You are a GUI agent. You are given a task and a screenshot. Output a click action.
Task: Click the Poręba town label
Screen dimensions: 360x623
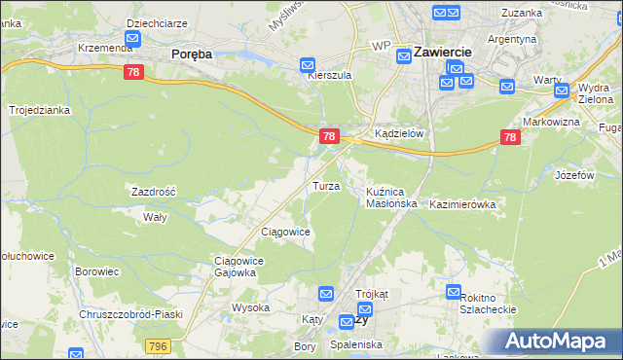coord(192,54)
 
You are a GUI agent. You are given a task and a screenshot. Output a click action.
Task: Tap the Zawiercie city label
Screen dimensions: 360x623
coord(443,52)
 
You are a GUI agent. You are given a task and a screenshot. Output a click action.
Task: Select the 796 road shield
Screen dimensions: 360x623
coord(158,346)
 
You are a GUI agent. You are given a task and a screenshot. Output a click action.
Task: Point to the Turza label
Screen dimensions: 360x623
coord(325,185)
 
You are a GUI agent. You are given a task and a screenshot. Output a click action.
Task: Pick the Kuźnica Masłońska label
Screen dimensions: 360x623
coord(391,198)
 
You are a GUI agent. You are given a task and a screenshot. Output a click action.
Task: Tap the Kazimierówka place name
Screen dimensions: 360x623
coord(462,205)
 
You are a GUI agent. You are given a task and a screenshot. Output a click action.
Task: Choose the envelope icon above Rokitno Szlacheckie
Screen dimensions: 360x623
coord(454,291)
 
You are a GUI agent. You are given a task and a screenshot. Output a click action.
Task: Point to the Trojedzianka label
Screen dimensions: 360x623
coord(40,110)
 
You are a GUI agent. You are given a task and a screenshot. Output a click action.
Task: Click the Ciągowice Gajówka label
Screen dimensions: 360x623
coord(235,267)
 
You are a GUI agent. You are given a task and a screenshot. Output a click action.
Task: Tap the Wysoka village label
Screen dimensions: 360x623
coord(250,307)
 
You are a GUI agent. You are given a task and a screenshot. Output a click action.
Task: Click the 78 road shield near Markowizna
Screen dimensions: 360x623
coord(510,139)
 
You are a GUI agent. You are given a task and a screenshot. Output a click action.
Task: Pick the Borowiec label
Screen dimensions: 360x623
coord(96,272)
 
